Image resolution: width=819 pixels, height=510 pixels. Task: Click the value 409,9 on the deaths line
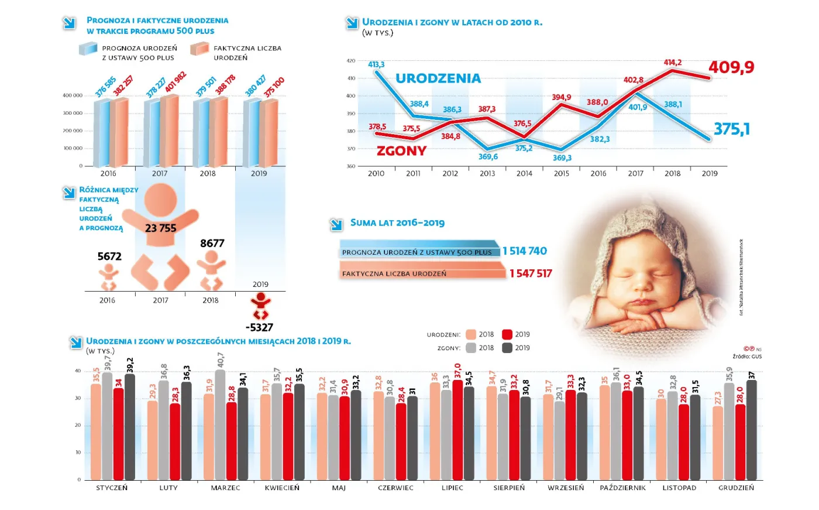tap(731, 67)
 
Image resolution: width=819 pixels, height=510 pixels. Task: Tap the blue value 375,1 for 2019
tap(731, 129)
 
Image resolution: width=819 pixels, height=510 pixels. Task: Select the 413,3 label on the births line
tap(376, 64)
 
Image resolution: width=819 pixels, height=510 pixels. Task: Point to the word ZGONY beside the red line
tap(401, 150)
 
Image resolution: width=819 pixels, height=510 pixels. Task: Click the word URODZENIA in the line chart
tap(438, 78)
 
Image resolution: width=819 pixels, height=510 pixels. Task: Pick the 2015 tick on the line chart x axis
tap(561, 173)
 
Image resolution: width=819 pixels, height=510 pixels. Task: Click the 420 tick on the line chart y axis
tap(350, 60)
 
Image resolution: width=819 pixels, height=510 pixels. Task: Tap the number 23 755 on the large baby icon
tap(160, 228)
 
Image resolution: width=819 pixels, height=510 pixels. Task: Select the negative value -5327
tap(259, 327)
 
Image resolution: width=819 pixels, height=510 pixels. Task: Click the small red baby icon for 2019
tap(260, 306)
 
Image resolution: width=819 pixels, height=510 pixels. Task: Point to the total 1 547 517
tap(530, 273)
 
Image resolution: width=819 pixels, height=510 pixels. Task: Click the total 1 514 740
tap(524, 251)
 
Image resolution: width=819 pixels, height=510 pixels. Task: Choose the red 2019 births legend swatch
tap(507, 334)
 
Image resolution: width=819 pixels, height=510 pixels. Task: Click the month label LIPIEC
tap(452, 488)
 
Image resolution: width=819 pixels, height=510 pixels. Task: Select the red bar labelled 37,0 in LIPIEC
tap(457, 430)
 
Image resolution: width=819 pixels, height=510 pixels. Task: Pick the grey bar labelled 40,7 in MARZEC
tap(220, 425)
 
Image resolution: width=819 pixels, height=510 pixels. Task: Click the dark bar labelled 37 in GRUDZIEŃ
tap(751, 430)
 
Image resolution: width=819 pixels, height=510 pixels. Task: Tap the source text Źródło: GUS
tap(747, 357)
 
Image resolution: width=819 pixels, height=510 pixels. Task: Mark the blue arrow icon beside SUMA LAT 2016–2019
tap(336, 224)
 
